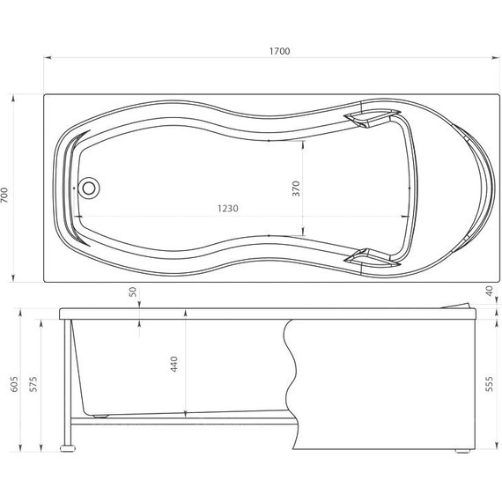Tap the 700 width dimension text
[x=7, y=196]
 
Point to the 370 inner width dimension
[x=297, y=188]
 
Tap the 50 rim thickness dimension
[x=133, y=292]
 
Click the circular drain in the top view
[x=89, y=188]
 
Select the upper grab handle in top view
[x=368, y=118]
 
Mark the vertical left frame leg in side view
[x=64, y=379]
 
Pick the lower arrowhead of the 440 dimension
[x=187, y=412]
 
